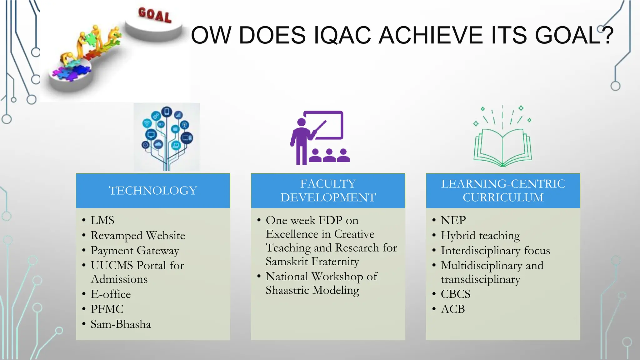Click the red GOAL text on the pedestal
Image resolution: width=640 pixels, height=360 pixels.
155,15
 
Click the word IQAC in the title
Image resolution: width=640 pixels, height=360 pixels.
342,35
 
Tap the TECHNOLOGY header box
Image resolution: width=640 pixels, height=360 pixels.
153,191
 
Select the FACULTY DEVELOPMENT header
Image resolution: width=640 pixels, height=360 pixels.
328,191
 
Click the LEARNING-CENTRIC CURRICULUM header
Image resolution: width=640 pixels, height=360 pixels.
503,191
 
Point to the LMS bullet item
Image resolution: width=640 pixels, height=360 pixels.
102,220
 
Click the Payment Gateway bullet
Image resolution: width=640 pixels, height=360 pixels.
135,251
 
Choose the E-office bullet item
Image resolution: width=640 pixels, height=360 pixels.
111,294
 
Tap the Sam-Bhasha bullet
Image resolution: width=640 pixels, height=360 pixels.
121,324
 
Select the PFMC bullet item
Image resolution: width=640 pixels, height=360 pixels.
107,309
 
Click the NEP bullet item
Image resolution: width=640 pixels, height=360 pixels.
453,220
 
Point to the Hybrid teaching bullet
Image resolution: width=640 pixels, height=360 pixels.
480,236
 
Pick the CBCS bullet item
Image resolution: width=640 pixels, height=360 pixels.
455,294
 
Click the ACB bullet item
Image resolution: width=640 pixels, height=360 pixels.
453,309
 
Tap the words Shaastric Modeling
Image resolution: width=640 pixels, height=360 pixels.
312,290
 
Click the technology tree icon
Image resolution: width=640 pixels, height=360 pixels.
167,137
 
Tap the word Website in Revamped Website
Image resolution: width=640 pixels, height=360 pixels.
166,236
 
